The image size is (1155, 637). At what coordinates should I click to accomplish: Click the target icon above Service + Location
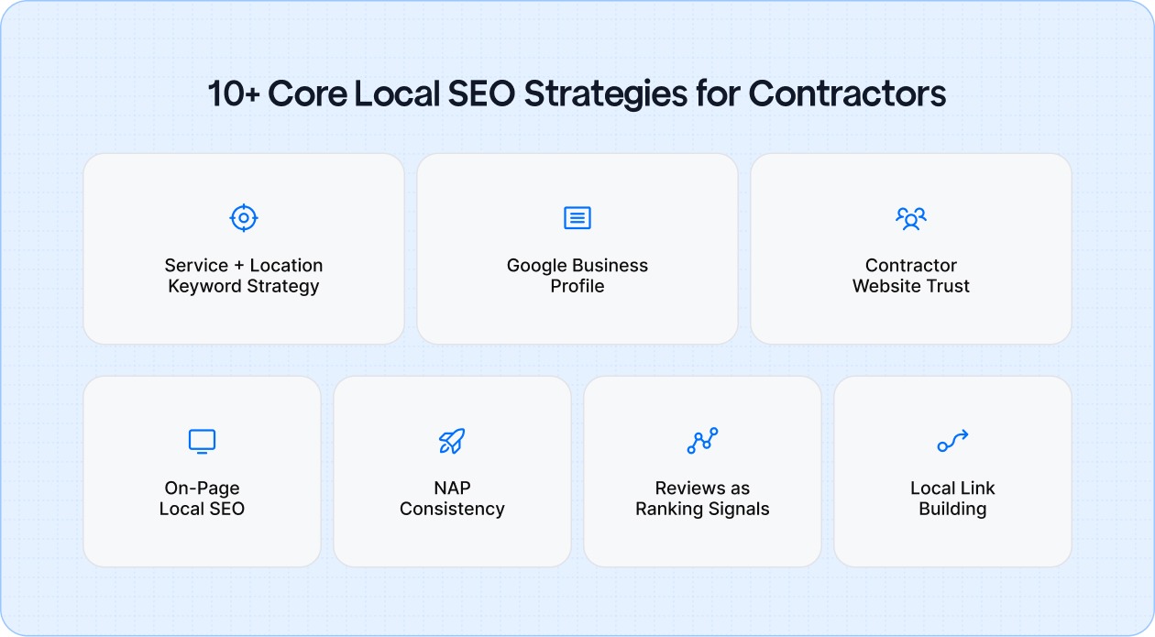click(x=243, y=218)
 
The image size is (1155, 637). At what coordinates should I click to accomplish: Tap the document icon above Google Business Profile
click(x=577, y=218)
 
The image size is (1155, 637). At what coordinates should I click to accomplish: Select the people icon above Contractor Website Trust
click(x=910, y=218)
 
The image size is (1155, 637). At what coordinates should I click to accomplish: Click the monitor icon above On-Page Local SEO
click(x=202, y=441)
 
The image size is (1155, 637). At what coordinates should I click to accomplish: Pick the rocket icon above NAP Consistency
click(x=452, y=441)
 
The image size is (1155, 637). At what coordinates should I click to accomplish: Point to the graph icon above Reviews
click(x=702, y=441)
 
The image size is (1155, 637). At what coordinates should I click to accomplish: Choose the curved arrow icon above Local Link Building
click(x=952, y=441)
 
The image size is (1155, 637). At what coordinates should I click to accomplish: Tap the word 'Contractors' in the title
click(x=847, y=94)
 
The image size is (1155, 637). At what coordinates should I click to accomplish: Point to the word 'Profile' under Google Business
click(x=577, y=286)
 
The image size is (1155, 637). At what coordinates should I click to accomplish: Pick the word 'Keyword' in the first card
click(x=201, y=286)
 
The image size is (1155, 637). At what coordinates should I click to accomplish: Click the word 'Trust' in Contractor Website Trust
click(x=948, y=286)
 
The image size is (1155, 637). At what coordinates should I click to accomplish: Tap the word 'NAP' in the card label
click(x=452, y=489)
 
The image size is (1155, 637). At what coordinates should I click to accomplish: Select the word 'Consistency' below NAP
click(x=452, y=509)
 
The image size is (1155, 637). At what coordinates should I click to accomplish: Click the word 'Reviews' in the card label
click(x=689, y=489)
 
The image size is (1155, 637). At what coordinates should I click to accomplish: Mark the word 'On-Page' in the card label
click(x=202, y=489)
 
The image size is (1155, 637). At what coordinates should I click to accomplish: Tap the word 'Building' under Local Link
click(x=952, y=509)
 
